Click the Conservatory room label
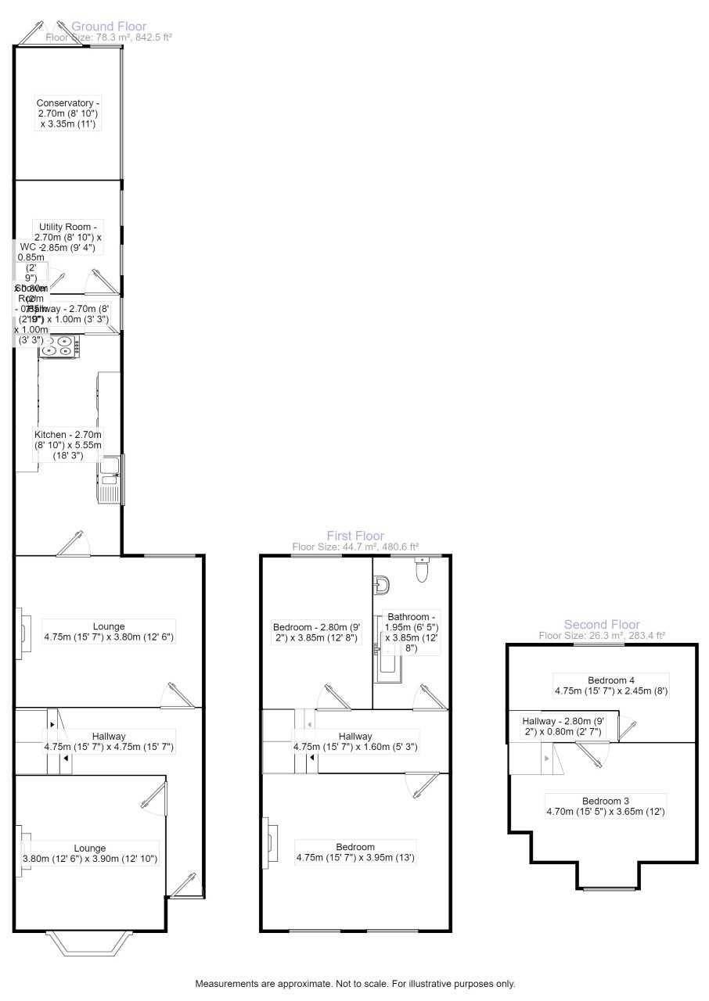68,113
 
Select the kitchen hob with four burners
59,346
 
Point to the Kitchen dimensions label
68,445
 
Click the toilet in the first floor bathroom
423,571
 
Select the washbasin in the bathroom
382,584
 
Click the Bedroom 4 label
610,685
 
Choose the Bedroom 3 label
605,806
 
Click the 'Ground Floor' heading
109,27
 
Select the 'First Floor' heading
355,536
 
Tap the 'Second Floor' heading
602,624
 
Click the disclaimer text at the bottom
355,984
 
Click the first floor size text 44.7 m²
355,547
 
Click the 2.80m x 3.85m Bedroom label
316,632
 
